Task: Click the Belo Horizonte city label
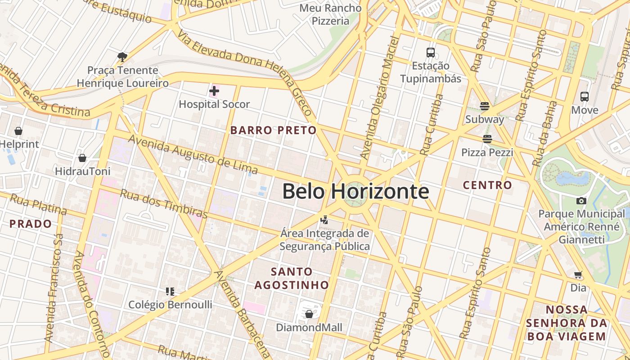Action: coord(355,191)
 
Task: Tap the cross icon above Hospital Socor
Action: coord(214,91)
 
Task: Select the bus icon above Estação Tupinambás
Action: coord(431,53)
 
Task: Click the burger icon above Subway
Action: coord(485,106)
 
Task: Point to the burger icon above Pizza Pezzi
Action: coord(487,139)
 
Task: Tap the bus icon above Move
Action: coord(585,96)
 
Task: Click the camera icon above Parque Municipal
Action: coord(581,201)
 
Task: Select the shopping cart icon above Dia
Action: coord(578,274)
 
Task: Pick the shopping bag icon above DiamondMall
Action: coord(309,314)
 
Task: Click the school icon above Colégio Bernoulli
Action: coord(170,292)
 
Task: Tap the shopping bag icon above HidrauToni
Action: coord(82,158)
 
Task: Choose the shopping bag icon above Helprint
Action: coord(18,131)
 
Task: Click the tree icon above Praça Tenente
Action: coord(122,57)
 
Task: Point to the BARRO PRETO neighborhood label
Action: coord(273,130)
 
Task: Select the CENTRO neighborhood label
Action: coord(487,185)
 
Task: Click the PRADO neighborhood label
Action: coord(31,224)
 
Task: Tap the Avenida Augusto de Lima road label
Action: coord(193,154)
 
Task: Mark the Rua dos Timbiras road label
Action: coord(164,202)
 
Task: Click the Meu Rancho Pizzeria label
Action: coord(330,14)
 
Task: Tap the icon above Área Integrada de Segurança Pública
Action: coord(324,220)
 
